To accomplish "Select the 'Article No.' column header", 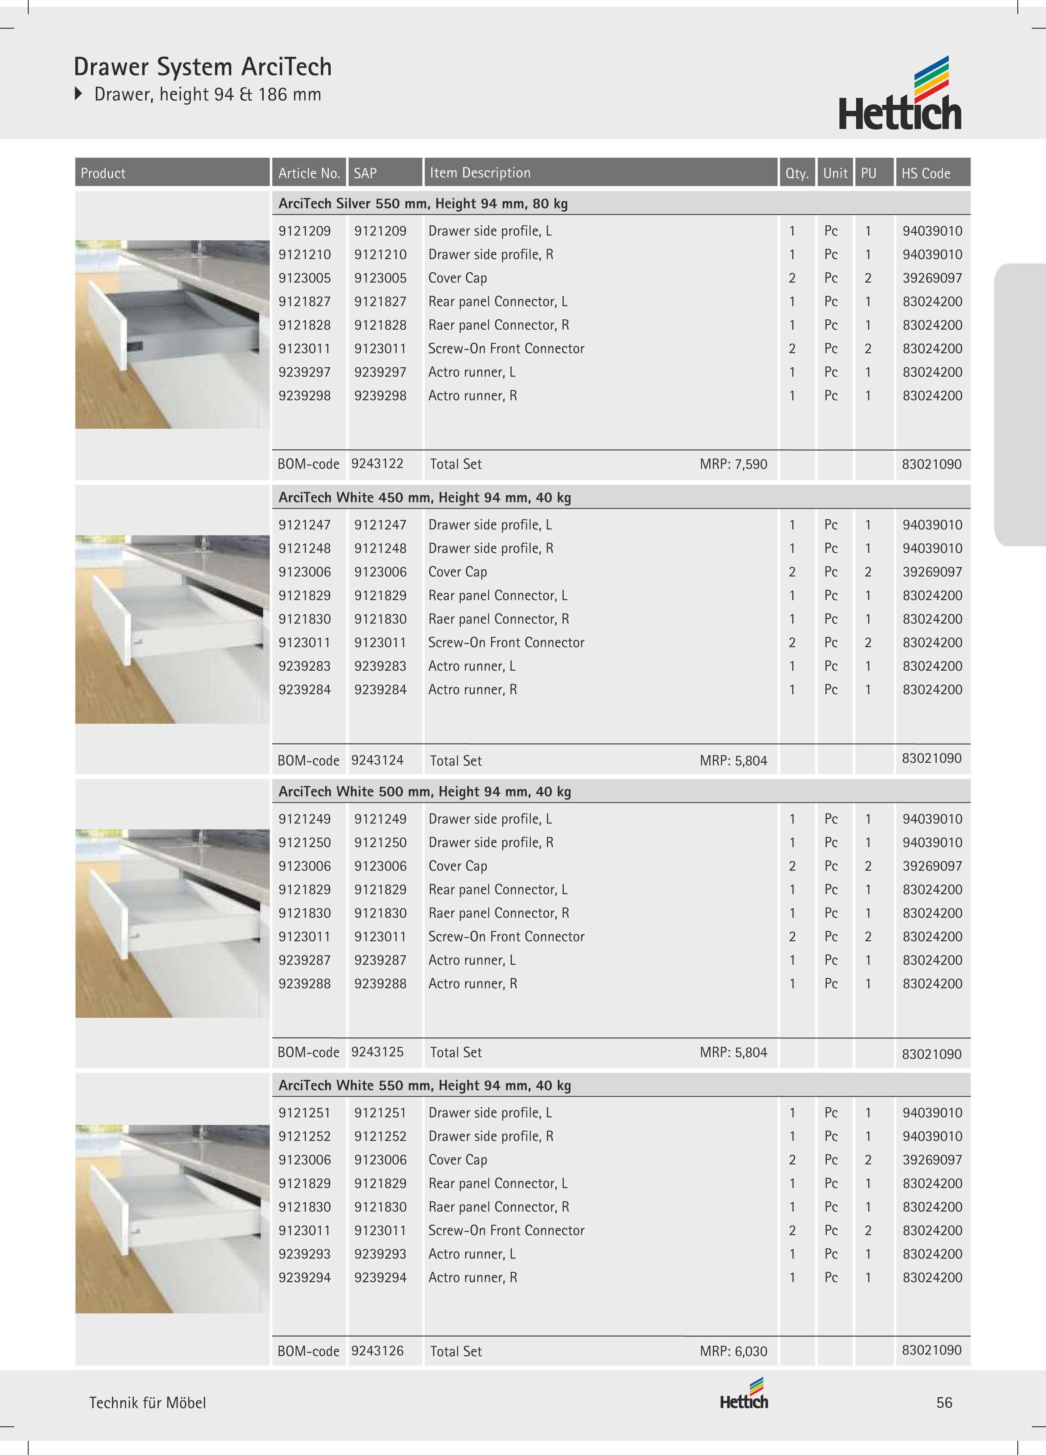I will click(309, 173).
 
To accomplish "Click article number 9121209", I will click(305, 231).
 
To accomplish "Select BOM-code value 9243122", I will click(377, 464).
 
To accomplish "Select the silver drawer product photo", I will click(172, 334).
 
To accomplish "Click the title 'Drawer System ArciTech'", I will click(203, 67).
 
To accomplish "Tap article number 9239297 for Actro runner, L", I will click(305, 372).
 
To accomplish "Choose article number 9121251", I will click(305, 1113).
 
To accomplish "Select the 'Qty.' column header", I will click(796, 173).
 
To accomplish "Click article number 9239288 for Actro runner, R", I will click(305, 983).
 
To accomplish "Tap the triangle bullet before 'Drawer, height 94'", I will click(79, 94).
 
